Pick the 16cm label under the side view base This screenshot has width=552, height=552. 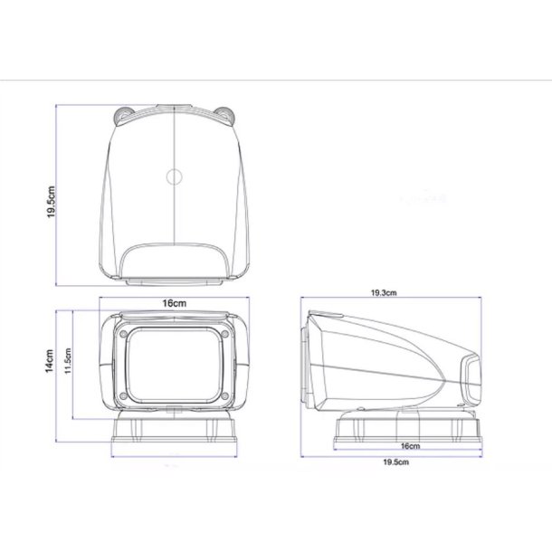410,445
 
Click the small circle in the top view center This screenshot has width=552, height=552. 175,176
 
